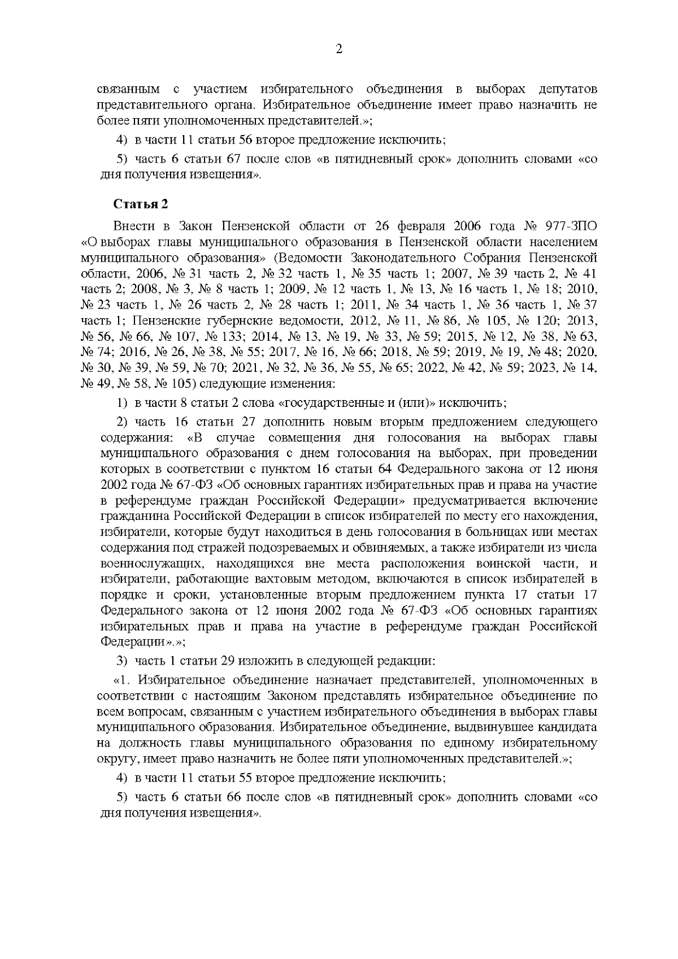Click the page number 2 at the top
(339, 49)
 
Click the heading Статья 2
(141, 203)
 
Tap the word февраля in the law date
(421, 227)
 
